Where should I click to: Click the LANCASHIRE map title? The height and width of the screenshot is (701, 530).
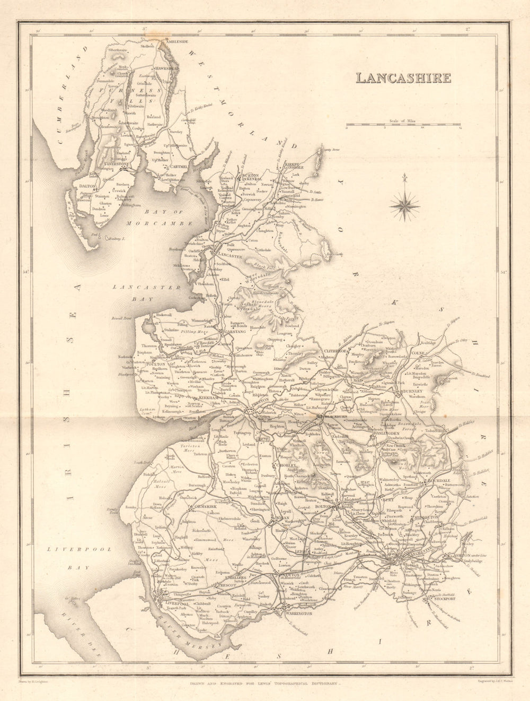(403, 77)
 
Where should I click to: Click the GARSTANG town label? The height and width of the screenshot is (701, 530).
(236, 331)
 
